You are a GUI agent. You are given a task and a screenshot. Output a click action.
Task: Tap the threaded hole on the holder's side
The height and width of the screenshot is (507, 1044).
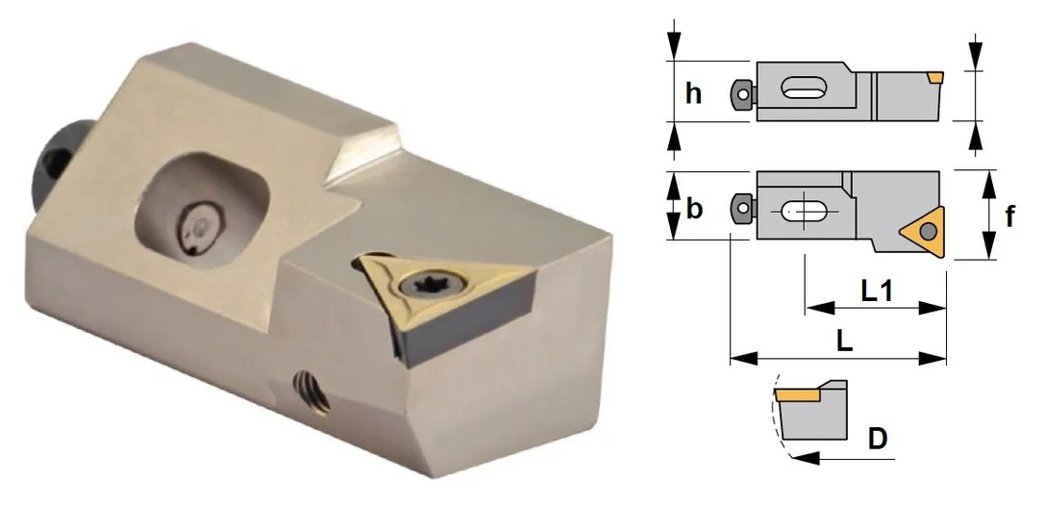click(312, 392)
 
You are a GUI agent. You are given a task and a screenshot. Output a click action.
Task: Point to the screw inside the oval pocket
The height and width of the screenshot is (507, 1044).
click(198, 230)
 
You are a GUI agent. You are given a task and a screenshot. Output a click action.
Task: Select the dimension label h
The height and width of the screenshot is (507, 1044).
click(694, 93)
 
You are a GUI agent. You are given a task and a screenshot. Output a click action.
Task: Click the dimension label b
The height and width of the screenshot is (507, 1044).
click(694, 209)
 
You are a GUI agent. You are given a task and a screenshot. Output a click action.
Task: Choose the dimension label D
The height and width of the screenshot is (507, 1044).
click(879, 439)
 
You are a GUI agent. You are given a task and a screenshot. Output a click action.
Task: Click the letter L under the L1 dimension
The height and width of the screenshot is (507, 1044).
click(844, 342)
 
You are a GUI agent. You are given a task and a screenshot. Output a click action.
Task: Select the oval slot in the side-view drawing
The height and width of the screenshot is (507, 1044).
click(804, 88)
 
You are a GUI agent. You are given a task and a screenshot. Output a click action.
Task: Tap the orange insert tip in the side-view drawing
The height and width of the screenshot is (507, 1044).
click(936, 78)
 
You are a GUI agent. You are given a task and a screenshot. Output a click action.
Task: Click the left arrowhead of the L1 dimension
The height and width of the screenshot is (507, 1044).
click(819, 308)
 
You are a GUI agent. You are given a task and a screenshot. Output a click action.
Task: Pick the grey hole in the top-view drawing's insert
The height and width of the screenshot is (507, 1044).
click(928, 231)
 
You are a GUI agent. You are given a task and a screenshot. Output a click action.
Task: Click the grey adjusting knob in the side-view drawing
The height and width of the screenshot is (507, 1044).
click(742, 93)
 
